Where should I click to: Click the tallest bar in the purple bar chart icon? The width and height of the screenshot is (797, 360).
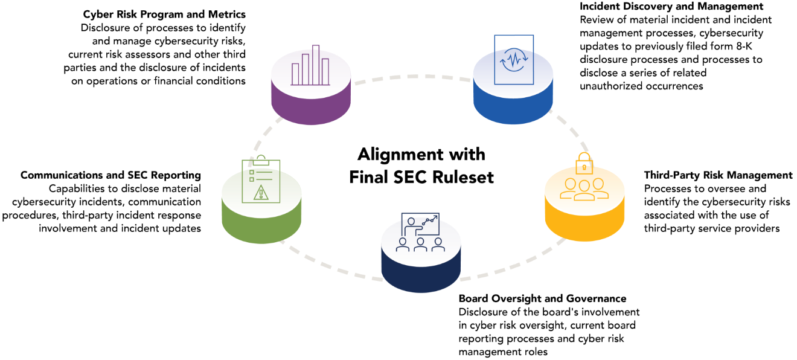pyautogui.click(x=316, y=65)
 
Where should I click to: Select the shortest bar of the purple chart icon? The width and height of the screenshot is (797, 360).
pyautogui.click(x=295, y=74)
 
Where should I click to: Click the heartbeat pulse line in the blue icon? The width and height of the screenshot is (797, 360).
pyautogui.click(x=514, y=61)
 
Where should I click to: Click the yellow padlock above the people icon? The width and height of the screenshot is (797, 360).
pyautogui.click(x=584, y=164)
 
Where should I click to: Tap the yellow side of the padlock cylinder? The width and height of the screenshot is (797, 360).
pyautogui.click(x=584, y=227)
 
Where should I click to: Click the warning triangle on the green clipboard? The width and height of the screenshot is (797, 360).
pyautogui.click(x=261, y=193)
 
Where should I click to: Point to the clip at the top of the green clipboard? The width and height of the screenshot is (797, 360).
pyautogui.click(x=261, y=160)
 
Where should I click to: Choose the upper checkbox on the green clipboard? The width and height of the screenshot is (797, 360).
pyautogui.click(x=252, y=172)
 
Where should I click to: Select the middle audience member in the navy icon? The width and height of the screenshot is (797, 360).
pyautogui.click(x=420, y=245)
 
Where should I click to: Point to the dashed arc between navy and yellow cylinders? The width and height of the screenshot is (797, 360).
pyautogui.click(x=513, y=266)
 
